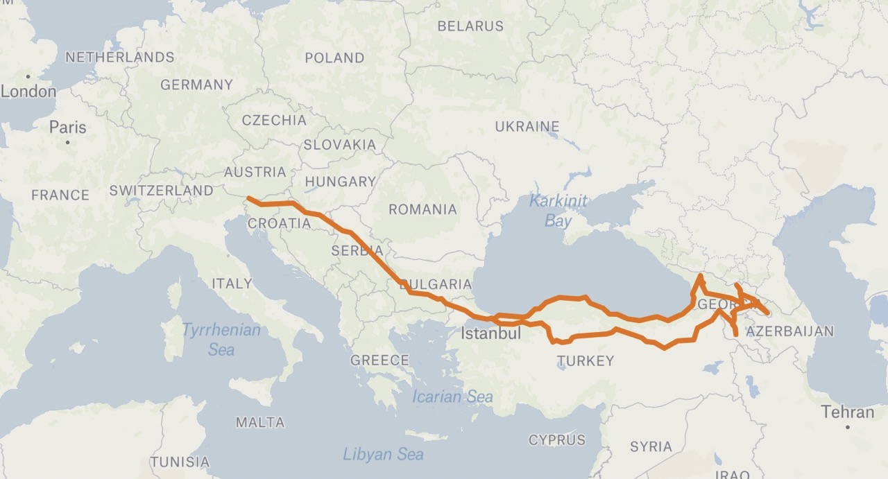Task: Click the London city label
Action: tap(28, 92)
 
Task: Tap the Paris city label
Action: tap(68, 128)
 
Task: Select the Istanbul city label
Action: tap(491, 333)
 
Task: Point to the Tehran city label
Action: tap(848, 412)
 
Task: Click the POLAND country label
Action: tap(334, 58)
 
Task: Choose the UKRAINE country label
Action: tap(527, 127)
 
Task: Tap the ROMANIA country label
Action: tap(422, 209)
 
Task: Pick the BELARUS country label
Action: tap(470, 26)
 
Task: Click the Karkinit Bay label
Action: tap(558, 211)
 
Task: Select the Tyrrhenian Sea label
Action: tap(221, 339)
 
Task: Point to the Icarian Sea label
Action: tap(452, 397)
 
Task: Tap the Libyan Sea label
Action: tap(383, 454)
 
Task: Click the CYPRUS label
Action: tap(557, 439)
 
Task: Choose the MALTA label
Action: tap(260, 422)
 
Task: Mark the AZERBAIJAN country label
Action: tap(789, 331)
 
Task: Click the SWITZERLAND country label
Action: tap(162, 190)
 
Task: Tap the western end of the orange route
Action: tap(248, 199)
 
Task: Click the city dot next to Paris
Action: tap(68, 142)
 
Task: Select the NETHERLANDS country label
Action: tap(120, 57)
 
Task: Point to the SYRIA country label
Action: tap(651, 446)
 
